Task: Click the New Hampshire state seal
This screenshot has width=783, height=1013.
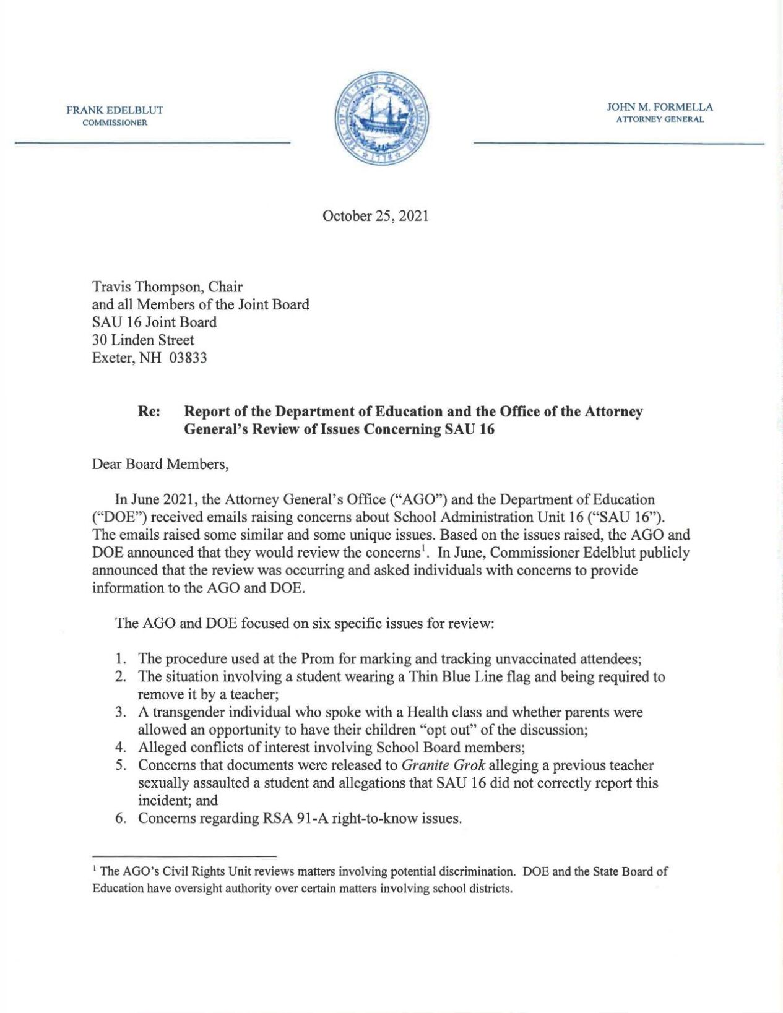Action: (382, 118)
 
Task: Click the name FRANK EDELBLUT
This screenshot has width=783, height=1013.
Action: (115, 110)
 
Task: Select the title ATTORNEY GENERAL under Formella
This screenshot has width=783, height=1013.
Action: (660, 119)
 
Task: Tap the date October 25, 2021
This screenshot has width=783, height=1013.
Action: (375, 216)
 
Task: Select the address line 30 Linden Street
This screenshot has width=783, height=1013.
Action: (143, 340)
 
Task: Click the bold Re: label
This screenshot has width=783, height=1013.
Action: (149, 412)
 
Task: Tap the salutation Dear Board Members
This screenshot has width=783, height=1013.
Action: (160, 464)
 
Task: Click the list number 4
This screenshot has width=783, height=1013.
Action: (121, 748)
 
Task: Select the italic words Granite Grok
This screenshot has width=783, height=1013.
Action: (443, 765)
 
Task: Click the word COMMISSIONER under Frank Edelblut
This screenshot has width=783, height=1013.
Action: (115, 123)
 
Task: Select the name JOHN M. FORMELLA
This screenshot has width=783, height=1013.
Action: (660, 107)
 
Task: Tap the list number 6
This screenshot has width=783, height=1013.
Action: (121, 818)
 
